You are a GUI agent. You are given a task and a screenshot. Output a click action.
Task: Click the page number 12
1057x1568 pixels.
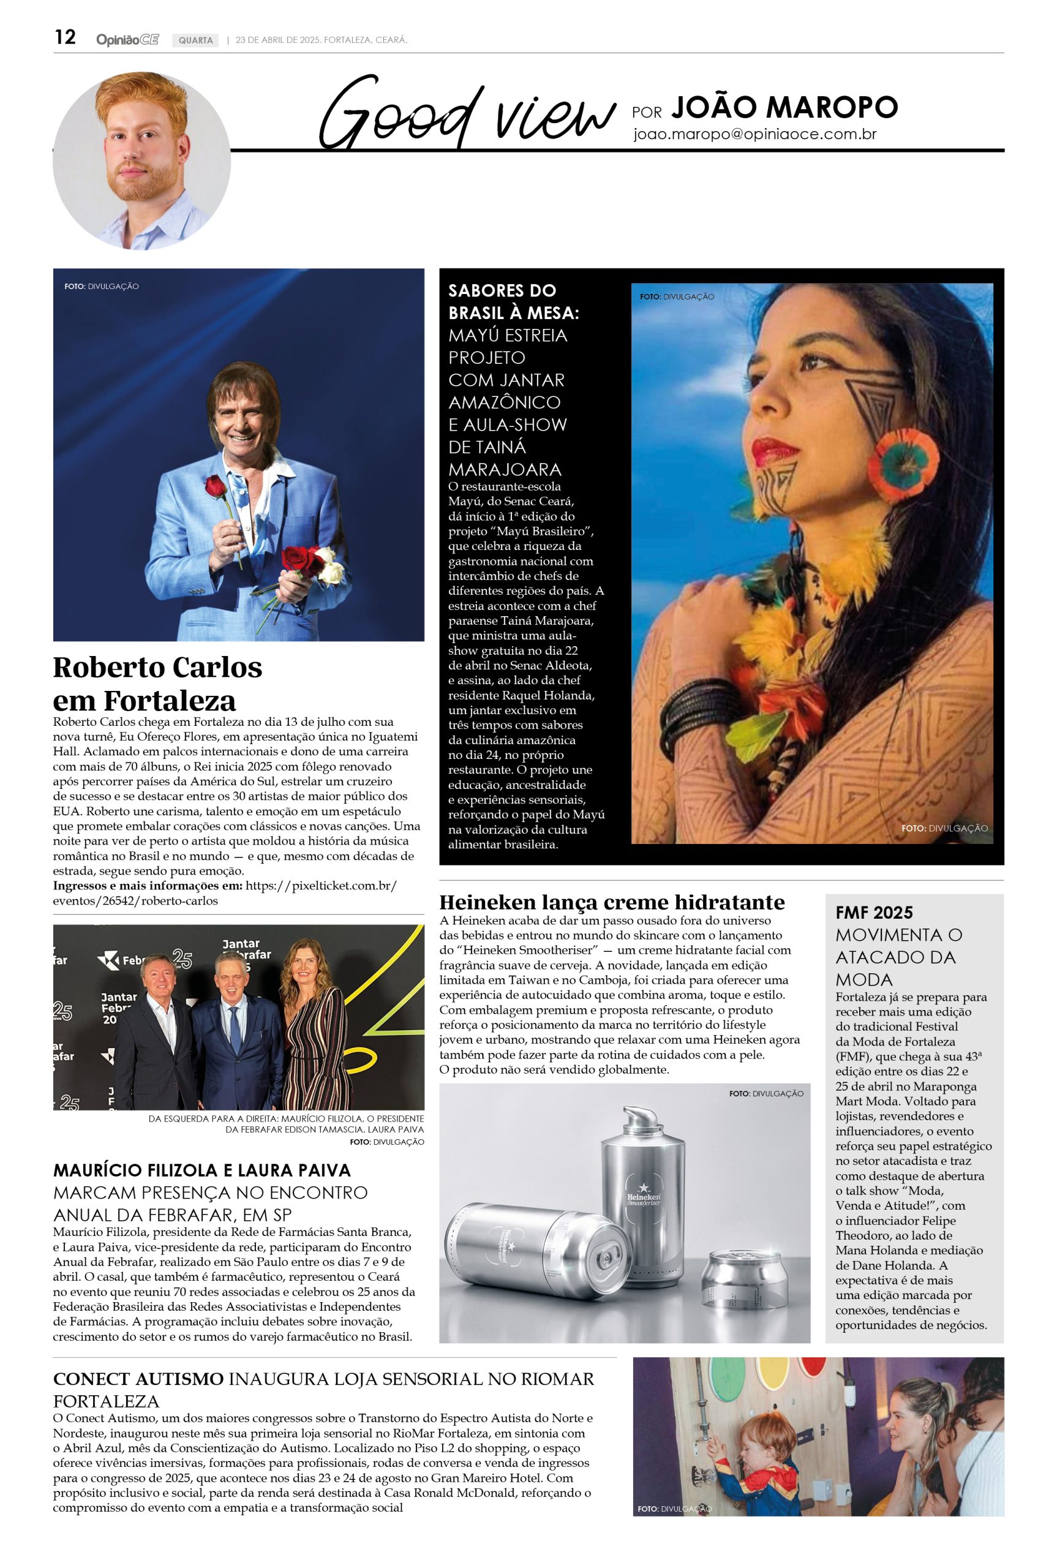(x=65, y=38)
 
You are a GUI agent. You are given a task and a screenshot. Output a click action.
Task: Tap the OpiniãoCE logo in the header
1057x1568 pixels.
(x=127, y=40)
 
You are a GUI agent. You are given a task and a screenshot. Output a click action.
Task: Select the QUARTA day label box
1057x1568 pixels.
(x=195, y=40)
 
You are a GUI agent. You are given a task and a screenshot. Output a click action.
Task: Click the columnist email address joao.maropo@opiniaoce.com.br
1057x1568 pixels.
(x=754, y=134)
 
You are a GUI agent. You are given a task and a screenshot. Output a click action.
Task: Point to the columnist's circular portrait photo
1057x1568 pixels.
(x=142, y=161)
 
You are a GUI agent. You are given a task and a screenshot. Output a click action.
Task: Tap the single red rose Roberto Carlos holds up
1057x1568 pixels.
(x=215, y=487)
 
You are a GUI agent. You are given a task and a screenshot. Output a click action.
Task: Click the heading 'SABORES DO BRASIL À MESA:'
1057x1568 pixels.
(x=513, y=301)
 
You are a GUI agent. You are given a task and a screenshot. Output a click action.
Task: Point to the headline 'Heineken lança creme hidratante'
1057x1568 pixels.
(x=612, y=902)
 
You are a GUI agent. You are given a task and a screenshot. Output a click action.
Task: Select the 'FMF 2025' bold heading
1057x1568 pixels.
(x=874, y=913)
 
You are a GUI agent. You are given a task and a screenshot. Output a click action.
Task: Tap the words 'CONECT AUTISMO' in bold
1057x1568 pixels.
(x=138, y=1379)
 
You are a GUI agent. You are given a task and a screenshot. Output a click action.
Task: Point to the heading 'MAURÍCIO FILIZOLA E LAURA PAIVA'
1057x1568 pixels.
(x=202, y=1170)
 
